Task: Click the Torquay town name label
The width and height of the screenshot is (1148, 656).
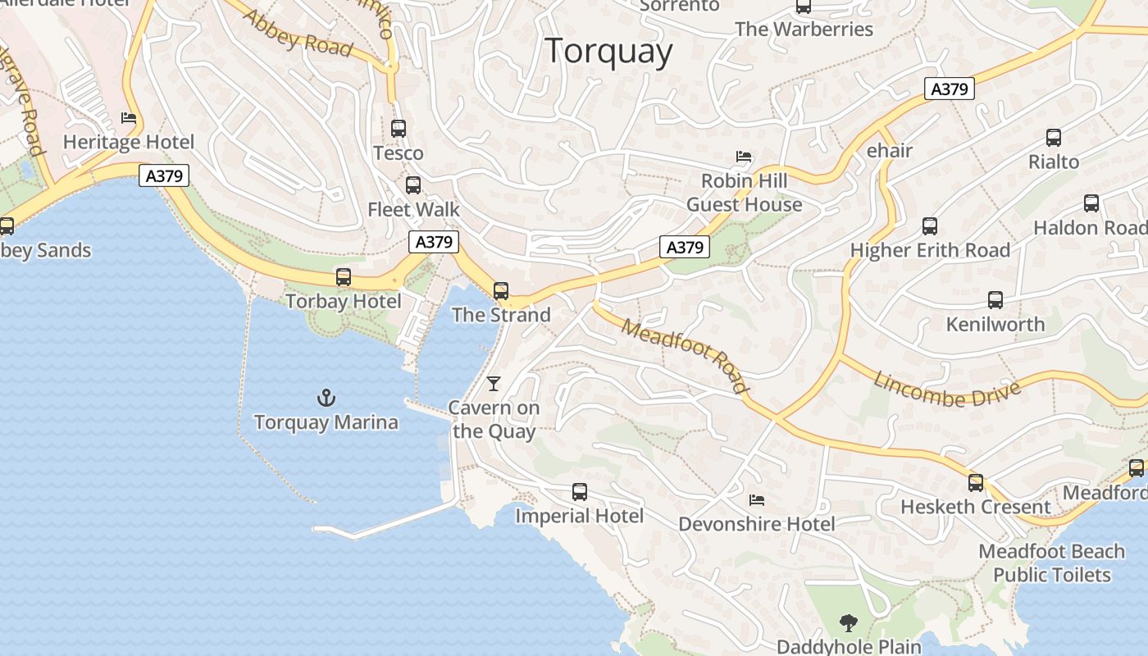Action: (608, 51)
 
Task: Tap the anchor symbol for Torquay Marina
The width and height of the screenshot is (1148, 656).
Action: (326, 399)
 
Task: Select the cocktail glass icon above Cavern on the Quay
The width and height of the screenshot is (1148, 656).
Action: (494, 383)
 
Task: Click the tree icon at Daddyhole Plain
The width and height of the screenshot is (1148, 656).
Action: (849, 623)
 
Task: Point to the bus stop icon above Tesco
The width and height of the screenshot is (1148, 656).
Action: (399, 129)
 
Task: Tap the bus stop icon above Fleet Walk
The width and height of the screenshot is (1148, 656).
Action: (413, 185)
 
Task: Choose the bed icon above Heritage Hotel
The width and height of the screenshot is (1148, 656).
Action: (129, 118)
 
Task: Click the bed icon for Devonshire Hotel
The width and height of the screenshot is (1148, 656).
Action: (757, 499)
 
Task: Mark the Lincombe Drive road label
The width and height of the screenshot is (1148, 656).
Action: (947, 389)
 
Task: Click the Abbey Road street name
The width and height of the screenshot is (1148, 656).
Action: (297, 34)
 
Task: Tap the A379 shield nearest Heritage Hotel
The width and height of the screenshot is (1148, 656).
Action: (164, 175)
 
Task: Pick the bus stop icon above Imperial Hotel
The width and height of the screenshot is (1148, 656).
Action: (580, 492)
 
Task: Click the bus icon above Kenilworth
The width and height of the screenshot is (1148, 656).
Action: (995, 300)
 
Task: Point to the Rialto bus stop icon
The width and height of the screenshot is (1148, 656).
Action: (1054, 138)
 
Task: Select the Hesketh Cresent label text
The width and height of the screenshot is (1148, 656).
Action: (975, 507)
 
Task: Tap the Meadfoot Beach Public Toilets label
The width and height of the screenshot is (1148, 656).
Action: (1051, 563)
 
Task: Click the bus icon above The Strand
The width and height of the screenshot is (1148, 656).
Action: (501, 291)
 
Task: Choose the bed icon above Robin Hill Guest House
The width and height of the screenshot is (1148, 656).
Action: (744, 156)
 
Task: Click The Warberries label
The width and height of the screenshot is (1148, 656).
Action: (804, 30)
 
